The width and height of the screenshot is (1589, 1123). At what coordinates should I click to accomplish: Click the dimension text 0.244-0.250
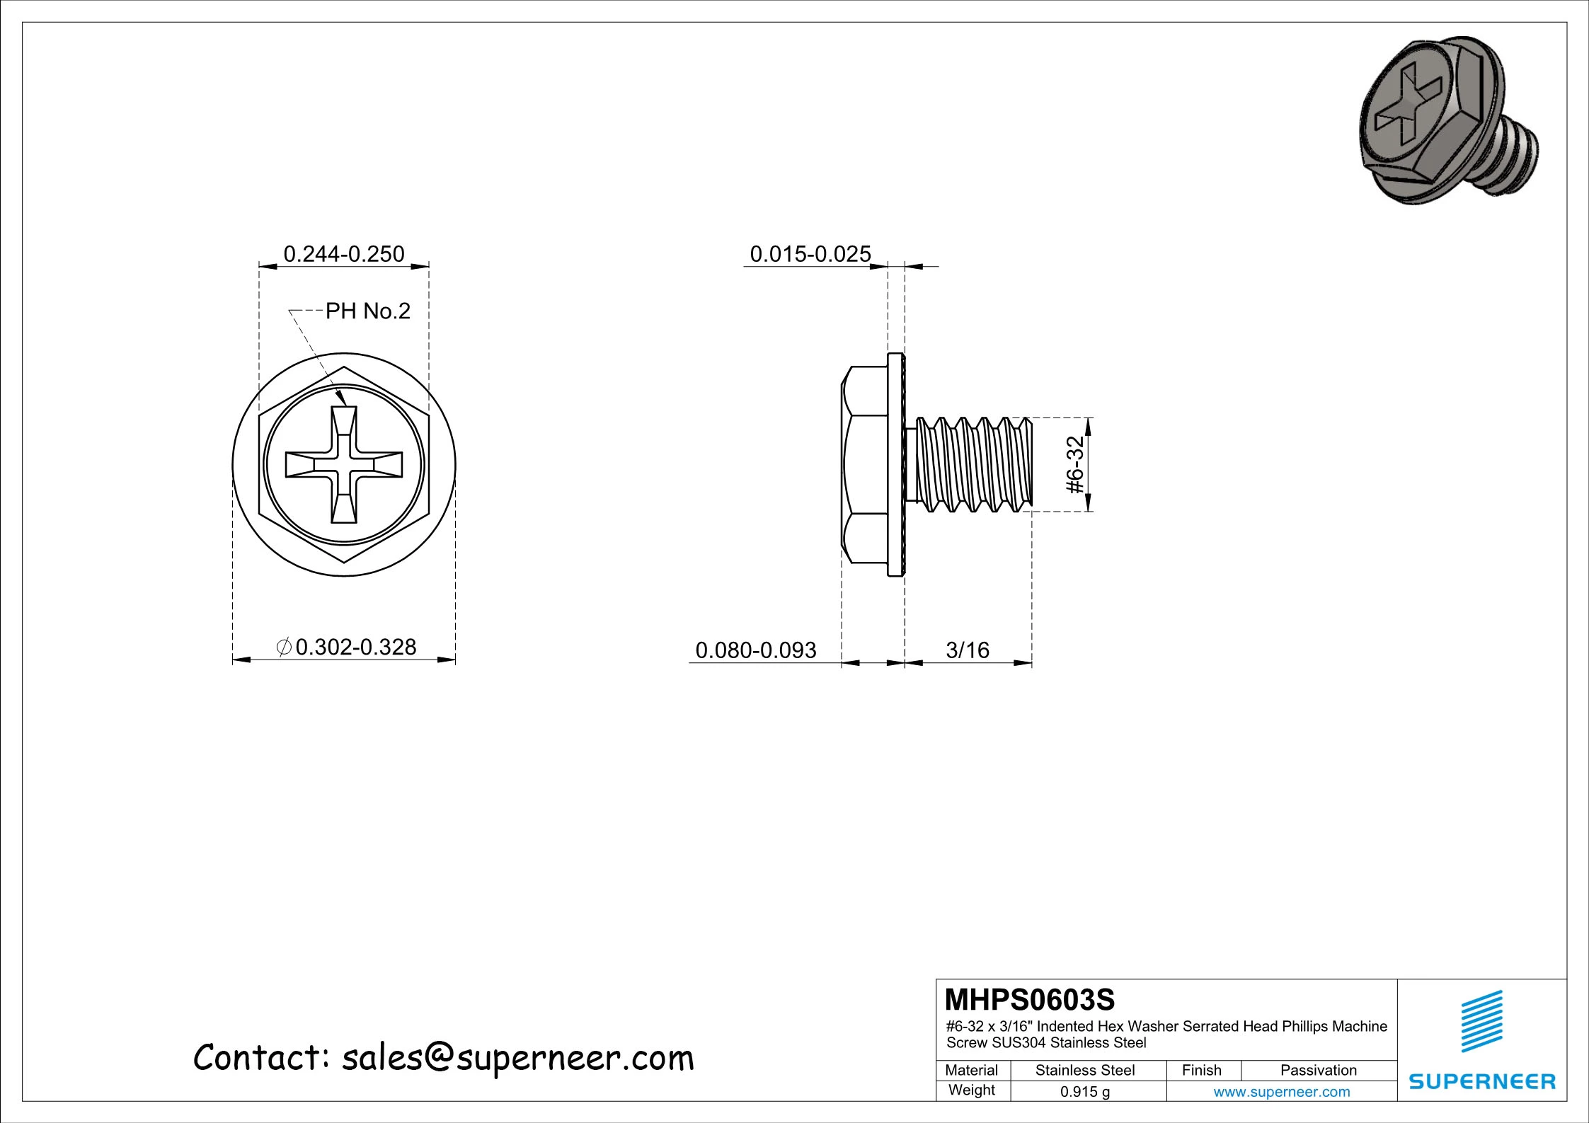tap(343, 254)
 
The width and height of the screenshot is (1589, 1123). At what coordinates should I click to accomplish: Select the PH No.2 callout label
tap(367, 311)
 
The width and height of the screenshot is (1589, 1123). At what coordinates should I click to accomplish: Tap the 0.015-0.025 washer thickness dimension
tap(810, 254)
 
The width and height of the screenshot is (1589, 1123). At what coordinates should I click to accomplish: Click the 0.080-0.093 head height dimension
tap(755, 650)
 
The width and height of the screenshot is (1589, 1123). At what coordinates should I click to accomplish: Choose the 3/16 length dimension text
tap(967, 650)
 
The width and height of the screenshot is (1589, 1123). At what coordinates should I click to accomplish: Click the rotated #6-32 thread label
tap(1074, 465)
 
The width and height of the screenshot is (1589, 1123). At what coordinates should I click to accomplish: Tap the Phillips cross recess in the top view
tap(344, 465)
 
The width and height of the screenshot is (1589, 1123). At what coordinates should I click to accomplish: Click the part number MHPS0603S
tap(1029, 1000)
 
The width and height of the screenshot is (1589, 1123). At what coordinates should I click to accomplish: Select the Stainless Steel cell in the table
tap(1084, 1070)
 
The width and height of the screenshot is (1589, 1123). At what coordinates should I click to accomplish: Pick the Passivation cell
tap(1318, 1070)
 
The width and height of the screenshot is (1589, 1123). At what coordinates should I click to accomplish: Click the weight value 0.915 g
tap(1084, 1092)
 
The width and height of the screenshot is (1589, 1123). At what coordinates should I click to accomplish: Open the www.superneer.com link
tap(1281, 1092)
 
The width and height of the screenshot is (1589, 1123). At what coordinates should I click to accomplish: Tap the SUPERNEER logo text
tap(1482, 1081)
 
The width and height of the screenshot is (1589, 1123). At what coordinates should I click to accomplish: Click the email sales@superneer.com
tap(517, 1058)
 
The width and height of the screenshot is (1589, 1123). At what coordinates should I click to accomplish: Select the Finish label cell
tap(1201, 1070)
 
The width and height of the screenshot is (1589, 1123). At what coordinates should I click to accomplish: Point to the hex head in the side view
tap(865, 465)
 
